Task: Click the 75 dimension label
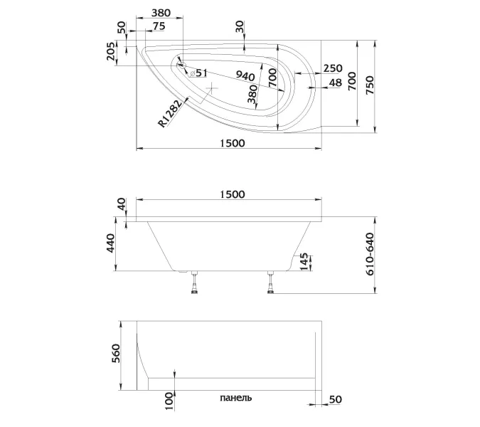tap(158, 26)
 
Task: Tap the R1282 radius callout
tap(171, 113)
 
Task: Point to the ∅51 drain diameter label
tap(198, 73)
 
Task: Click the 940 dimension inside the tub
tap(245, 76)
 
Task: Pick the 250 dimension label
tap(332, 68)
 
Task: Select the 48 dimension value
tap(336, 83)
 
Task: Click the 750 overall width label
tap(370, 83)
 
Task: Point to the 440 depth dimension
tap(112, 246)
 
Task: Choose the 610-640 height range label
tap(370, 256)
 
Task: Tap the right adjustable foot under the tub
tap(271, 283)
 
